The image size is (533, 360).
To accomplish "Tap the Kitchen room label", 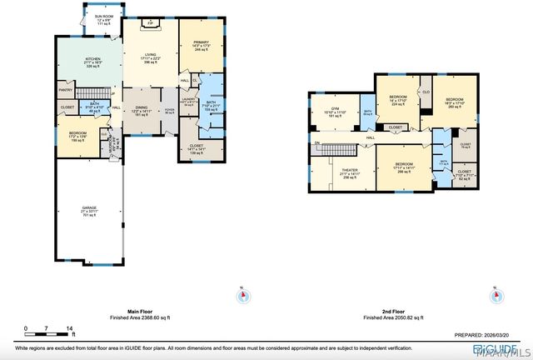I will click(x=92, y=62).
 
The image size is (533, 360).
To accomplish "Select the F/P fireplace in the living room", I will click(x=150, y=23).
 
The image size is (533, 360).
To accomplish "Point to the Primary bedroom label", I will click(x=202, y=46).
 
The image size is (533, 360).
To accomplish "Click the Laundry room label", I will click(x=187, y=102).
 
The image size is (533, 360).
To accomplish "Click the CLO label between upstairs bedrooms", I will click(x=426, y=91).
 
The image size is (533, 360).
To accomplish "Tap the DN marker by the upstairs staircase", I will click(x=316, y=143).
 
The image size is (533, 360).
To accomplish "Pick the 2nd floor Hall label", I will click(x=371, y=137).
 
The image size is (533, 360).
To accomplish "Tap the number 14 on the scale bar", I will click(x=70, y=328).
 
